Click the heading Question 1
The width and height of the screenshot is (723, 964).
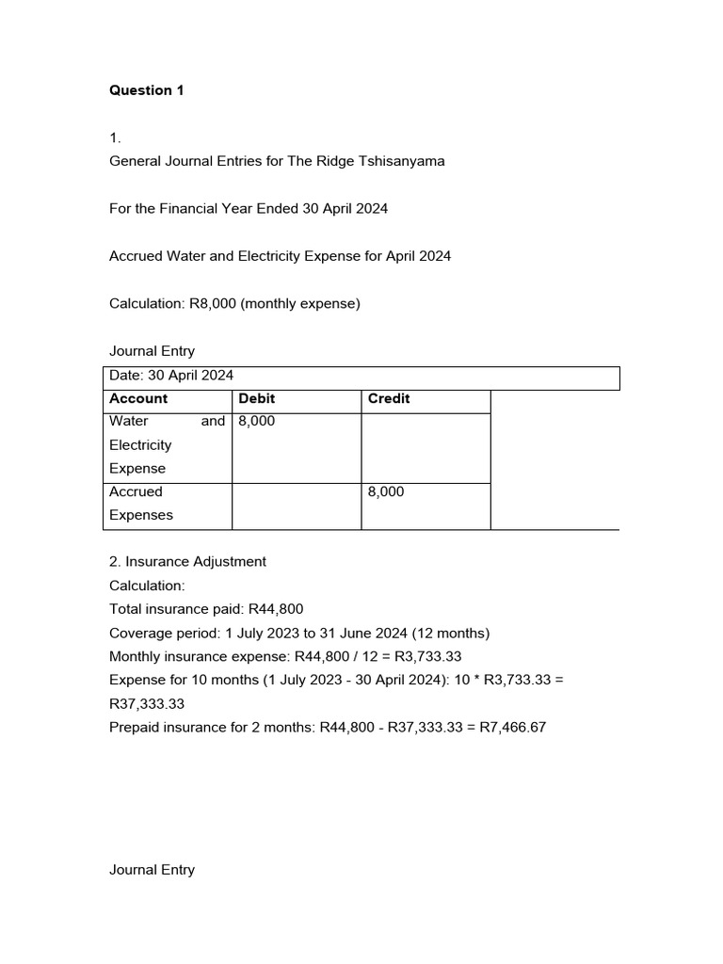tap(147, 90)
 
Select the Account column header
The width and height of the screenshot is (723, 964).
tap(138, 399)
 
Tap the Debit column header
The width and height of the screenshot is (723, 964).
tap(257, 399)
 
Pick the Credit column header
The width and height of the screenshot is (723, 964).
tap(389, 399)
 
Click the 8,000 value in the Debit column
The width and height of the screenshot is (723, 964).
tap(257, 422)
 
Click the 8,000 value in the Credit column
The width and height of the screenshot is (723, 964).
tap(386, 491)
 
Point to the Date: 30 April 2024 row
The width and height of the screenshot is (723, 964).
tap(171, 376)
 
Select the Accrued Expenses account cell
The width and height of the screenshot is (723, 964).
tap(141, 504)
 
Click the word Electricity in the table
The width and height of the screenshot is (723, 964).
tap(140, 445)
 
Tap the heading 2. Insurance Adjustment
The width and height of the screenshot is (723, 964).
tap(187, 562)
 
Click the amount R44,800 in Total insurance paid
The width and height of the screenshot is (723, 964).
tap(275, 609)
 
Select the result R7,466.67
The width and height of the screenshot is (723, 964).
tap(513, 728)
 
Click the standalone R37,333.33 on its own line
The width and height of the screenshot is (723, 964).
tap(147, 704)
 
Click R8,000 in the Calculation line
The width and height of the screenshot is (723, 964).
tap(214, 304)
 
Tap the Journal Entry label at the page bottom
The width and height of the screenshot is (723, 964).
tap(153, 870)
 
